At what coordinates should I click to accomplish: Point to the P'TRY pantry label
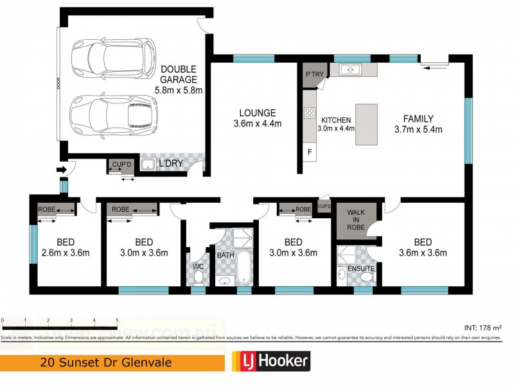tap(314, 75)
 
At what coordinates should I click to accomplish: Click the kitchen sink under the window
tap(351, 69)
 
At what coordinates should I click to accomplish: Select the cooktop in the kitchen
tap(309, 114)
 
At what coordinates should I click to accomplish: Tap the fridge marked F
tap(309, 152)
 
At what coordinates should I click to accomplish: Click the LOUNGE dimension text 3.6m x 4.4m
tap(258, 124)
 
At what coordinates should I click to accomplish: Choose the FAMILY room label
tap(418, 118)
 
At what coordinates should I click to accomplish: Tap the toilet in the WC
tap(199, 277)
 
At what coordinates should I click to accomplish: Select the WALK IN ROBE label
tap(355, 218)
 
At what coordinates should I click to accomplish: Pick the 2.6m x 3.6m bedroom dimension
tap(65, 253)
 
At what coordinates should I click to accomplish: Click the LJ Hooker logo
tap(270, 362)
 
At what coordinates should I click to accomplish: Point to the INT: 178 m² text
tap(482, 327)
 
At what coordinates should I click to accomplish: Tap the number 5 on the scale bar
tap(117, 320)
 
